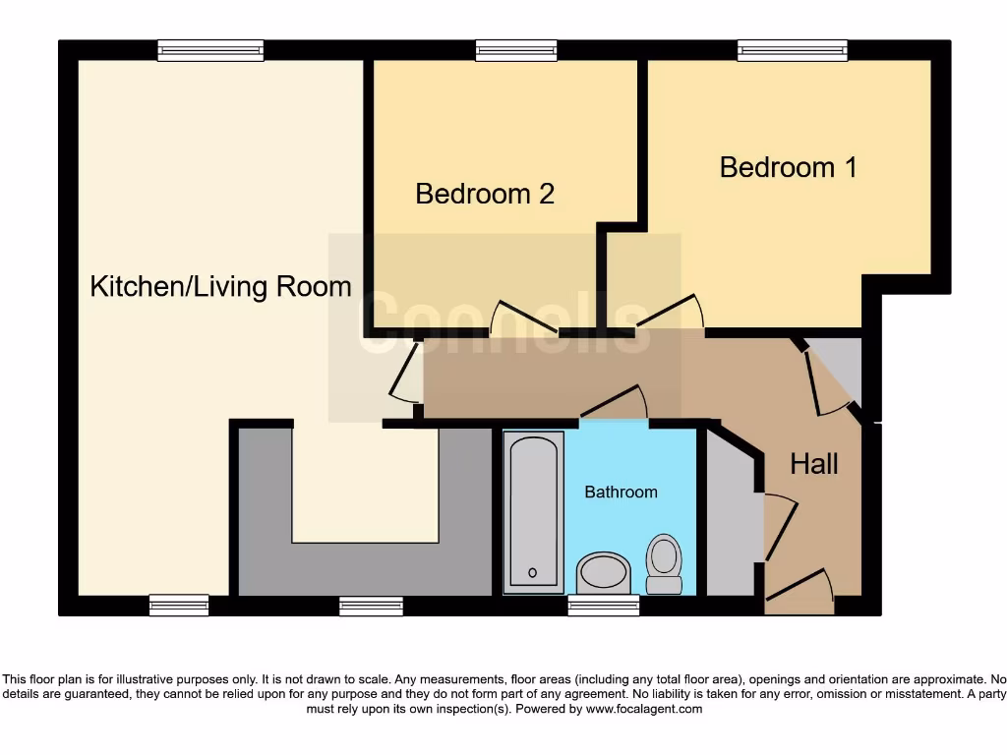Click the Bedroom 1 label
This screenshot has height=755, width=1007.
click(x=788, y=167)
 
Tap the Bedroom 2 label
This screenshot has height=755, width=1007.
click(x=485, y=194)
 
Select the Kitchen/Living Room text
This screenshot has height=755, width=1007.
click(x=220, y=287)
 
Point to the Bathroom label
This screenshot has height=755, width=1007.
click(x=621, y=492)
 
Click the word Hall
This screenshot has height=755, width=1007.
click(x=814, y=463)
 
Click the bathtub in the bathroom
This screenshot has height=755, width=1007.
click(x=534, y=511)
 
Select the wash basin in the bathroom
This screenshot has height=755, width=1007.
click(x=603, y=572)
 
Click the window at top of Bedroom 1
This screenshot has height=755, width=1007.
click(x=793, y=50)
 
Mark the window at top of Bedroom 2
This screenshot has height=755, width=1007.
click(x=516, y=50)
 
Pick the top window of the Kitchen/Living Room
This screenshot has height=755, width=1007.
click(x=210, y=50)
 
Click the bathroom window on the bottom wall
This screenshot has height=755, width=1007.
click(x=604, y=606)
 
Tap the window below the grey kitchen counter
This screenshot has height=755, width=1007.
click(x=371, y=606)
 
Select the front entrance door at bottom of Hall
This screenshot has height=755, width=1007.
click(x=799, y=587)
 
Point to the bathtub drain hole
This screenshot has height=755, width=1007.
click(x=532, y=572)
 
